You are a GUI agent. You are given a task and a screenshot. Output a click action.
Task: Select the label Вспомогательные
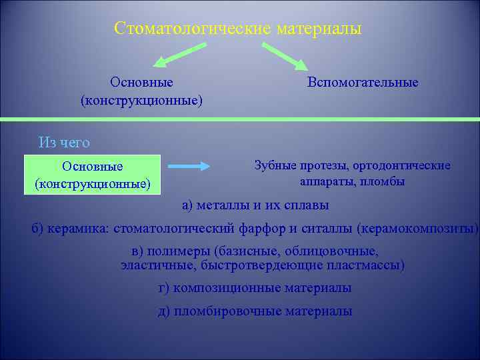pyautogui.click(x=363, y=83)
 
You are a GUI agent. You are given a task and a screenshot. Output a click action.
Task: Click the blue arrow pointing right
pyautogui.click(x=188, y=167)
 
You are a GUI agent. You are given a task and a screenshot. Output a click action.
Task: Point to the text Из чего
pyautogui.click(x=64, y=142)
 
